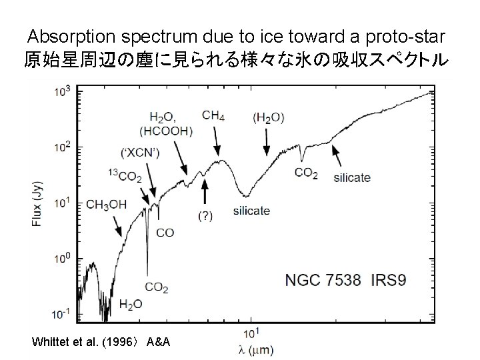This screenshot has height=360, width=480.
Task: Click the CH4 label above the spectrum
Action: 213,116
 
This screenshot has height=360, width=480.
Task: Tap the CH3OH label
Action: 106,205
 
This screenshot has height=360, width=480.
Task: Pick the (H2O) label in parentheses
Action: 268,117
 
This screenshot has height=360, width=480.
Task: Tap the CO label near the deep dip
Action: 165,232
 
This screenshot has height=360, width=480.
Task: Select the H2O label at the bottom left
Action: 130,304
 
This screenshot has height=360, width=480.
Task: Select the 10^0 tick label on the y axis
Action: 62,259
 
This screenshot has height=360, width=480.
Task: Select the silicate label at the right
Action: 351,178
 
